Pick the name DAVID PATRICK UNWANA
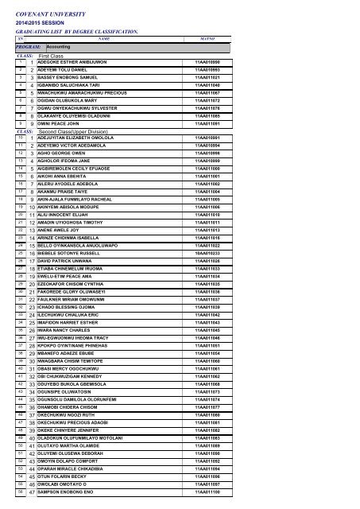pos(70,259)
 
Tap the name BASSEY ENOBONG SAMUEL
pos(72,77)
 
